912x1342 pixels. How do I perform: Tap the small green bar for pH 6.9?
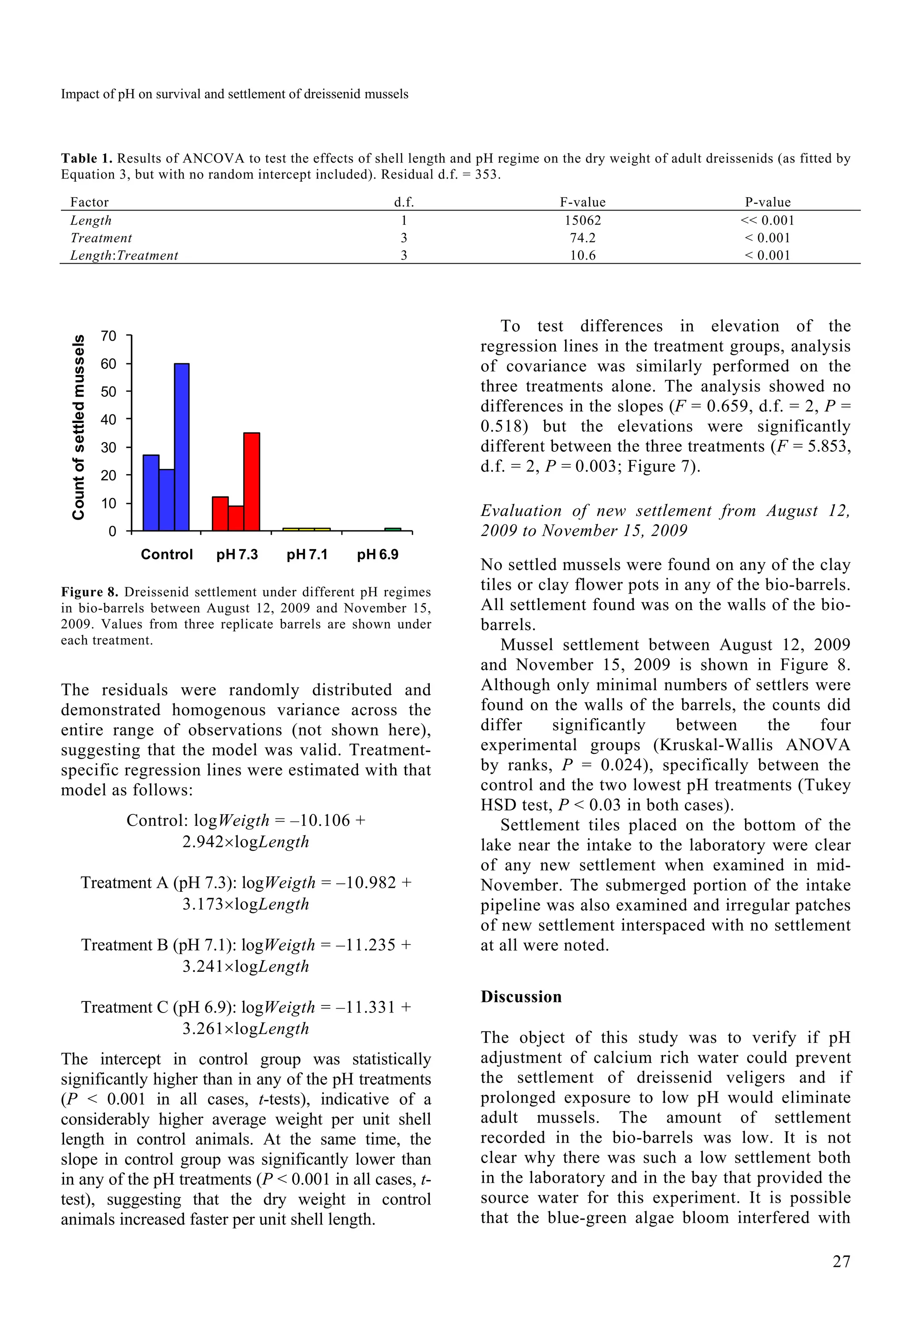pyautogui.click(x=392, y=529)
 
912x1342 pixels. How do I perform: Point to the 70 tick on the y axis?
pyautogui.click(x=108, y=336)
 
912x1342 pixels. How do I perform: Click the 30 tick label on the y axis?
pyautogui.click(x=108, y=447)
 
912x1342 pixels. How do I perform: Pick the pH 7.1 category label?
pyautogui.click(x=307, y=554)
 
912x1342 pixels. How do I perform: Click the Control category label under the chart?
pyautogui.click(x=167, y=554)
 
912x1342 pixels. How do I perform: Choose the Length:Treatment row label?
pyautogui.click(x=124, y=255)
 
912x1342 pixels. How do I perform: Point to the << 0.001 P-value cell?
pyautogui.click(x=767, y=220)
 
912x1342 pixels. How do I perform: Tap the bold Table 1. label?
pyautogui.click(x=87, y=158)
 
